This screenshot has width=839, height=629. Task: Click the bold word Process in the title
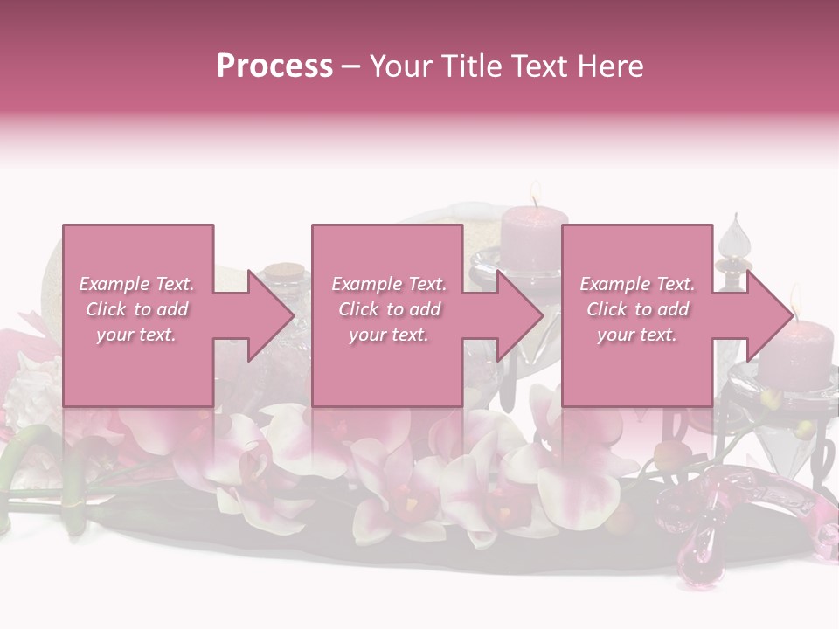click(x=274, y=66)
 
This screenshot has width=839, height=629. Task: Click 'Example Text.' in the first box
click(x=137, y=284)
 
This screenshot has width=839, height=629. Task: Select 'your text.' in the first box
click(x=137, y=335)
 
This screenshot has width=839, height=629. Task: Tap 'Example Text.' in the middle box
click(x=389, y=284)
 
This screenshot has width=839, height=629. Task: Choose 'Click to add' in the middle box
click(x=389, y=309)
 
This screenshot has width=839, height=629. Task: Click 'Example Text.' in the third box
click(x=637, y=284)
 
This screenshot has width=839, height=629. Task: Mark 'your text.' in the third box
click(x=637, y=335)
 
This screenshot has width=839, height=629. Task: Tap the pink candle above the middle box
click(x=535, y=241)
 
